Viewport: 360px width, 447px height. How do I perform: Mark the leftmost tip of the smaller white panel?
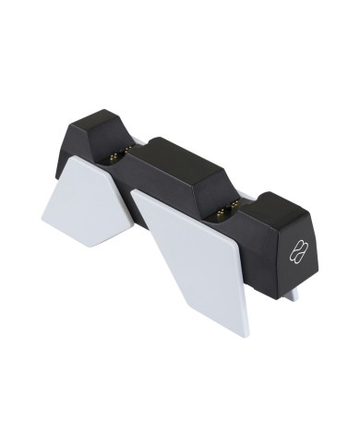coord(42,215)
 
